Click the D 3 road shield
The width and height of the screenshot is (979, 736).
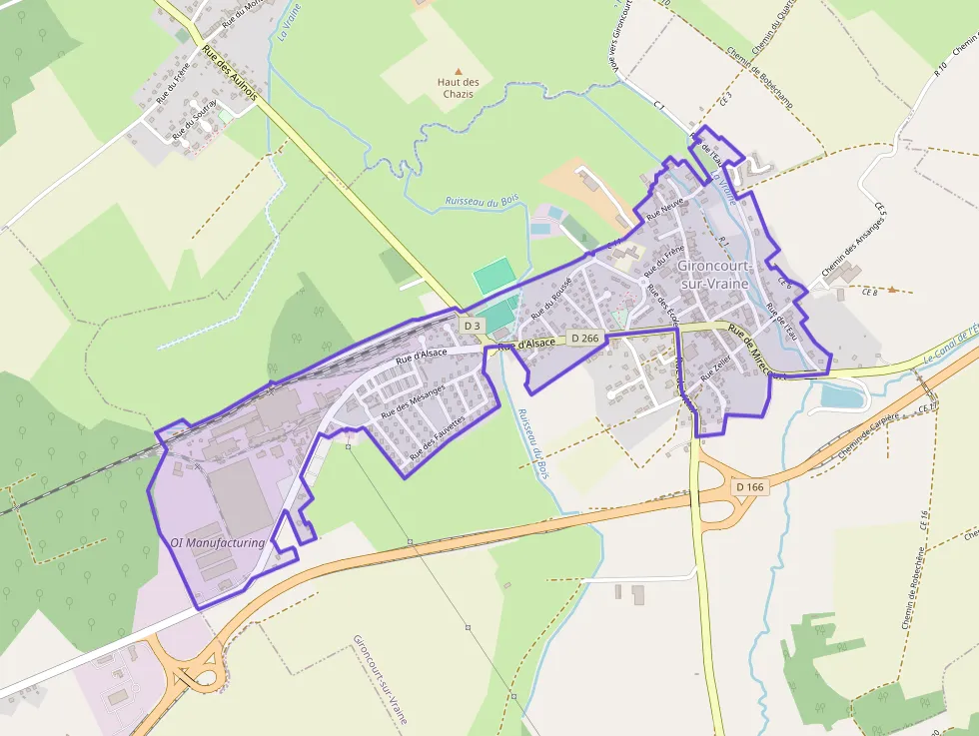(x=473, y=326)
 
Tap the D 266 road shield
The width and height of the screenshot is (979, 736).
(x=586, y=339)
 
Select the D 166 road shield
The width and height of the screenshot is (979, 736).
(x=748, y=487)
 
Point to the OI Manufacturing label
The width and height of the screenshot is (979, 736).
(x=218, y=543)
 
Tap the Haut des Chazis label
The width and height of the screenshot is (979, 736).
(x=459, y=88)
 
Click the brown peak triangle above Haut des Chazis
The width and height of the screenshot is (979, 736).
(x=459, y=72)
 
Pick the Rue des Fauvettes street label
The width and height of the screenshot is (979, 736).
(x=438, y=437)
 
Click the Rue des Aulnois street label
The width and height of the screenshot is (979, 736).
(x=230, y=73)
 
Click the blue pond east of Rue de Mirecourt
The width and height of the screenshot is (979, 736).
(x=841, y=397)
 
